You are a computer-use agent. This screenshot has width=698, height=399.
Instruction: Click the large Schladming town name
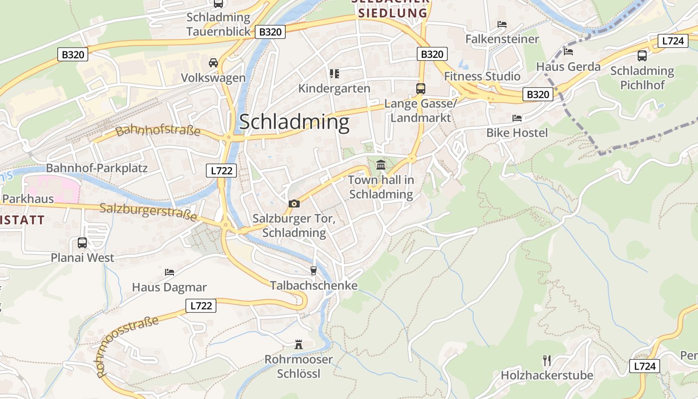click(294, 122)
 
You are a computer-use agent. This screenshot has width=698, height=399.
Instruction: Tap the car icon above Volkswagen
click(213, 62)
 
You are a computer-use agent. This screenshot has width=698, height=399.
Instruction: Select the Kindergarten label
click(334, 89)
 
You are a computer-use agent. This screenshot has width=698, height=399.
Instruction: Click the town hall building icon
click(381, 164)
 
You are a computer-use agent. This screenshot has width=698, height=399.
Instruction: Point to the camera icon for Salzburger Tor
click(294, 203)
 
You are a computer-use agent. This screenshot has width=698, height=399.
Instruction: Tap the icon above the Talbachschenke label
click(314, 270)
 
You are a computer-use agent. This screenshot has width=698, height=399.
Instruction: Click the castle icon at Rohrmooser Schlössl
click(299, 344)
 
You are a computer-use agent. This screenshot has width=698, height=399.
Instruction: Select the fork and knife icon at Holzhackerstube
click(547, 360)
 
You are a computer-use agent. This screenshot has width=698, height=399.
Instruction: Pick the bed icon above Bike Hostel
click(517, 118)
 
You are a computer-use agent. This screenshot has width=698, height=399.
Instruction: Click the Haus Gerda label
click(568, 67)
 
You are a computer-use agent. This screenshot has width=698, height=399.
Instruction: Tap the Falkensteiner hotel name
click(502, 39)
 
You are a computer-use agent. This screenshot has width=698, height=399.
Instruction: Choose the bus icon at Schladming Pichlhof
click(642, 56)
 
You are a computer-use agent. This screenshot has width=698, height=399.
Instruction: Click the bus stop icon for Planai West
click(82, 243)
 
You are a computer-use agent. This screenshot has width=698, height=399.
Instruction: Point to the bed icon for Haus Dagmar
click(170, 272)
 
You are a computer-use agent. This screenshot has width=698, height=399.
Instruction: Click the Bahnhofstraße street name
click(158, 131)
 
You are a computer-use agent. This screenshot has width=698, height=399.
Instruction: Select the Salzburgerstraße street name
click(148, 212)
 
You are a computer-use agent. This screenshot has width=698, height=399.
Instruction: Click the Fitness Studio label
click(482, 76)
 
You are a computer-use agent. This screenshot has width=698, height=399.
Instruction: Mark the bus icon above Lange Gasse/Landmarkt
click(421, 89)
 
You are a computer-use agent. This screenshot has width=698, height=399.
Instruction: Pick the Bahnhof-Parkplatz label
click(97, 168)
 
